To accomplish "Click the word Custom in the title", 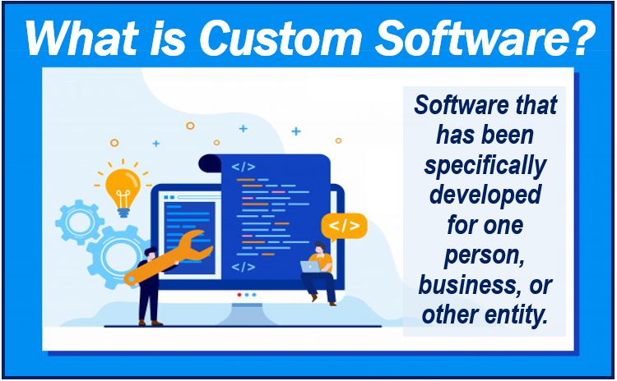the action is [x=281, y=39].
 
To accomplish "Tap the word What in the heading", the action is [x=81, y=39].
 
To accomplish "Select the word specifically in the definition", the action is [x=485, y=167].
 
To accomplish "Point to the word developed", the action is [x=485, y=195].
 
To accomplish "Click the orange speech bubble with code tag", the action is [x=344, y=227].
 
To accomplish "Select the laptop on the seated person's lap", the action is [x=311, y=267].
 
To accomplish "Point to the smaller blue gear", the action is [x=80, y=223].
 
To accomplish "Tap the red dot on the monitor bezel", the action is [x=239, y=295].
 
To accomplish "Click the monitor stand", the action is [x=247, y=314].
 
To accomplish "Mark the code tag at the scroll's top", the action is [x=244, y=167].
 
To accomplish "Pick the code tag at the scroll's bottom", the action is [x=244, y=267].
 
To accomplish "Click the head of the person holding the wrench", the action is [x=151, y=254].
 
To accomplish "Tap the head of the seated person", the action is [x=320, y=248].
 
